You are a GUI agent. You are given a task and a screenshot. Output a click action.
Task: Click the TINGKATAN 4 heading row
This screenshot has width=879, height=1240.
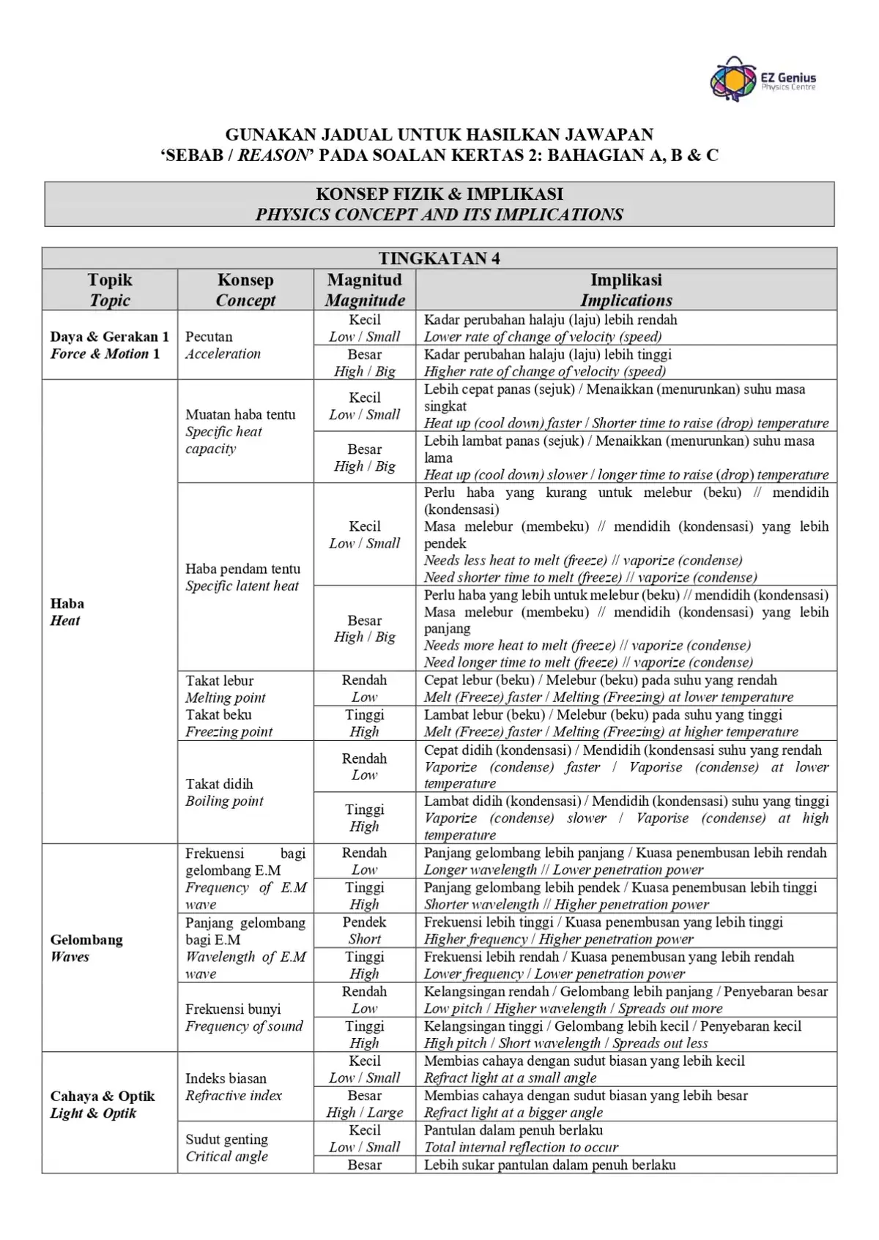pos(439,258)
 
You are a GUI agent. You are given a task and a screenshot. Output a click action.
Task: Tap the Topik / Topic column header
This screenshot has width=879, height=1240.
pos(110,290)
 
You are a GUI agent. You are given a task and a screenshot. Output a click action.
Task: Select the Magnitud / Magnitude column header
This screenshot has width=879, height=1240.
pos(365,290)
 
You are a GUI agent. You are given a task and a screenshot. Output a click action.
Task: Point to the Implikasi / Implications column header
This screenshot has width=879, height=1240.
pos(626,290)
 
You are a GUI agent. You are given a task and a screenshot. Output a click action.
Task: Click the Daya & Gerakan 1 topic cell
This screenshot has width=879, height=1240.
pos(109,345)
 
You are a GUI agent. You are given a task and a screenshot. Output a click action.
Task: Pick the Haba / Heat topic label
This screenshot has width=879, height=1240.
pos(67,612)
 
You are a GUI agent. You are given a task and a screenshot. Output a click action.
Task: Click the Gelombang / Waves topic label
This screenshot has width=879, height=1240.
pos(86,948)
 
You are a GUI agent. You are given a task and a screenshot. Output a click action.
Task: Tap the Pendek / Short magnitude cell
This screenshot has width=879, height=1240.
pos(364,930)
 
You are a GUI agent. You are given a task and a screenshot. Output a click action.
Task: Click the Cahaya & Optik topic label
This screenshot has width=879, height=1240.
pos(102,1105)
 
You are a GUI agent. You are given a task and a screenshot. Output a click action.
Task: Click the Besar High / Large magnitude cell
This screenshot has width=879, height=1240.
pos(364,1104)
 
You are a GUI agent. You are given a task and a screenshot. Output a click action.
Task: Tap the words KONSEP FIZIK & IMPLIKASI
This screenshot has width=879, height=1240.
pos(439,194)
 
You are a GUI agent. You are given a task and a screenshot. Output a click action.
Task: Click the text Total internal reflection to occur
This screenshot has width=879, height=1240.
pos(521,1147)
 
